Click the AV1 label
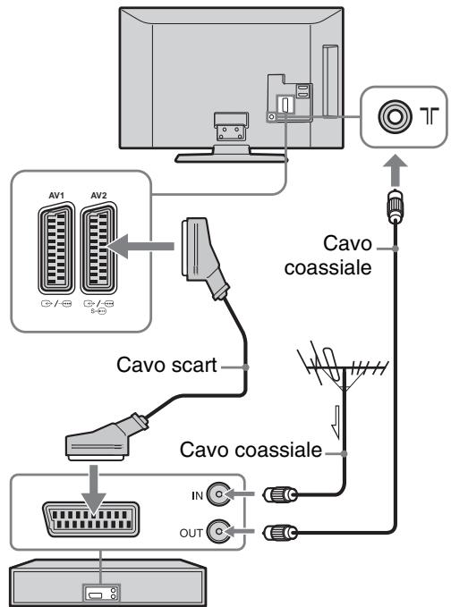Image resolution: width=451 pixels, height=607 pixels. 56,196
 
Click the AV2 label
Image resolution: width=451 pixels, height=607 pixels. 98,196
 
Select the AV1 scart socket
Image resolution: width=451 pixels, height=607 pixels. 56,249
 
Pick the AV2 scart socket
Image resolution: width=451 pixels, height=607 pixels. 98,249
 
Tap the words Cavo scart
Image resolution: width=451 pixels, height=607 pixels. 166,365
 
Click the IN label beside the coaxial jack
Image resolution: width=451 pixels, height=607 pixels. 197,495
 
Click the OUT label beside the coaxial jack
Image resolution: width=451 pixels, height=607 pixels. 191,533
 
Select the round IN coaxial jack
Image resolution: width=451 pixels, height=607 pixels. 218,494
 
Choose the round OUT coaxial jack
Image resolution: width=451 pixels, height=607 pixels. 218,532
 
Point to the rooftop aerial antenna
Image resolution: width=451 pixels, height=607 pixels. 344,367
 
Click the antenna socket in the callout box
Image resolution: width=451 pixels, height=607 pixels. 395,116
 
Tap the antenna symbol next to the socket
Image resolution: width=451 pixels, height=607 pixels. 430,116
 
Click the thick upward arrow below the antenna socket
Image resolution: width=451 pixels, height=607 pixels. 395,171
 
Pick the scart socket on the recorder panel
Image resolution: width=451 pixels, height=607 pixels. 90,520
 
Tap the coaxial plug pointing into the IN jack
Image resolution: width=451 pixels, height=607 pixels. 280,494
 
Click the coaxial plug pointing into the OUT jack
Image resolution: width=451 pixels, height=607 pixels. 280,533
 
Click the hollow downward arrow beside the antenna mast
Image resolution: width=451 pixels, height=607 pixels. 336,422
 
